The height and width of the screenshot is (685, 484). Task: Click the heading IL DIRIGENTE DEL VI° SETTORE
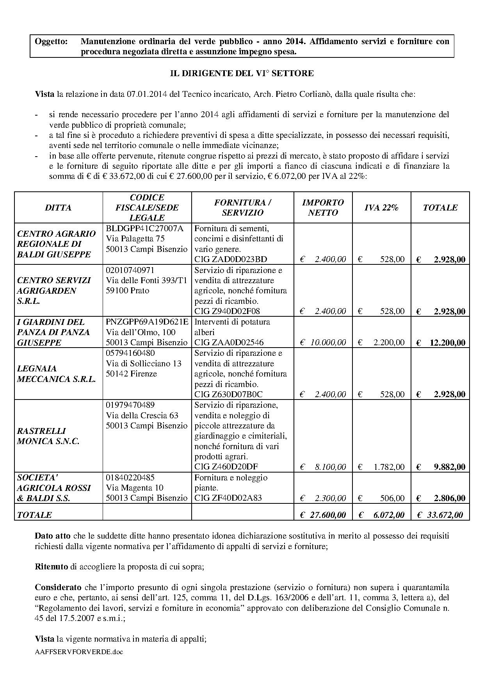pos(242,73)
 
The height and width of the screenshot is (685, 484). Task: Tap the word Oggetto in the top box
pos(51,41)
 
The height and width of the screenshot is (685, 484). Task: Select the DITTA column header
pos(58,207)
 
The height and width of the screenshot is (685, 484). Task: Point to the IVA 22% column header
pos(381,207)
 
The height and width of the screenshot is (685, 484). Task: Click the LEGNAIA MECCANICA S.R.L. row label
pos(56,374)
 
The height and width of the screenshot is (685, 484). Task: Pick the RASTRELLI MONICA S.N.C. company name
pos(48,436)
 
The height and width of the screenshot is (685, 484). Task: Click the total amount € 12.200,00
pos(441,343)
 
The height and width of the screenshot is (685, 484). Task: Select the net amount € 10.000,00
pos(323,342)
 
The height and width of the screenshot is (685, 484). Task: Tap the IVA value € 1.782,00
pos(381,467)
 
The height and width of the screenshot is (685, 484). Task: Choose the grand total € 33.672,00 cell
pos(440,515)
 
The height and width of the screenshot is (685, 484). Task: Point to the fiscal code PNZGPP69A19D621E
pos(147,322)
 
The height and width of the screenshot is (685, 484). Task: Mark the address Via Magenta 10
pos(135,488)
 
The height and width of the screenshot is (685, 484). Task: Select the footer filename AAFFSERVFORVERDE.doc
pos(78,652)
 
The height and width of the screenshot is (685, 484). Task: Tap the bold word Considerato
pos(58,587)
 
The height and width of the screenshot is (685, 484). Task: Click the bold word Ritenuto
pos(52,567)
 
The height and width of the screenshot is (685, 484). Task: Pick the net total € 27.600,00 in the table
pos(323,515)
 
